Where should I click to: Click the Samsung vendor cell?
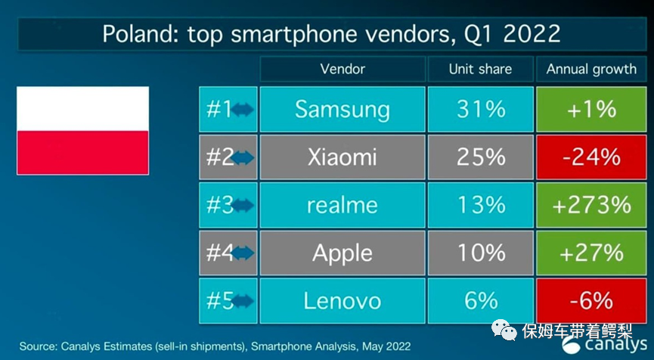pos(342,110)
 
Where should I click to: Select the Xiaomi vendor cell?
pos(342,157)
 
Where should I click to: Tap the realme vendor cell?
pos(342,205)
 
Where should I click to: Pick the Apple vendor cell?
pos(342,253)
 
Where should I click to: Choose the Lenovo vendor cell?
pos(342,300)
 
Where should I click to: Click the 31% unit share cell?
pos(480,110)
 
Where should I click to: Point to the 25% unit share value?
pos(480,157)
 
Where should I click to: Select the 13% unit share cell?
pos(480,205)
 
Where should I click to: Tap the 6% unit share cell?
pos(480,300)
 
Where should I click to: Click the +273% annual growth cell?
pos(591,205)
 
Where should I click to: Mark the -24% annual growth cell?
pos(591,157)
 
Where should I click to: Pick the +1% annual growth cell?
pos(591,110)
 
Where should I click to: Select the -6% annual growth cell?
pos(591,300)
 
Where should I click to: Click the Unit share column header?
pos(480,69)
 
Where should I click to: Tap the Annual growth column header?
pos(591,69)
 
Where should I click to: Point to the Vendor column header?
pos(342,69)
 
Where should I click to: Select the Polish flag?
pos(82,130)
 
